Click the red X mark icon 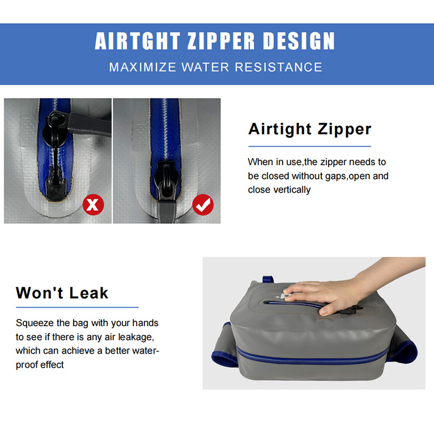tap(93, 205)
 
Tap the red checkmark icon tap(203, 205)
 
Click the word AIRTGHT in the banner tap(138, 41)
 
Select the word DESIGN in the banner tap(299, 41)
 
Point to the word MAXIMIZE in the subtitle tap(143, 67)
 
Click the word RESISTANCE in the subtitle tap(279, 67)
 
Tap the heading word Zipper tap(344, 130)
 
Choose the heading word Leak tap(88, 293)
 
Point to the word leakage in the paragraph tap(136, 337)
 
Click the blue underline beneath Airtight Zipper tap(309, 146)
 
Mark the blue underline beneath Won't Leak tap(77, 307)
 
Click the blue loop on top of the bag tap(268, 279)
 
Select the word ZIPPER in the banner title tap(221, 41)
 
